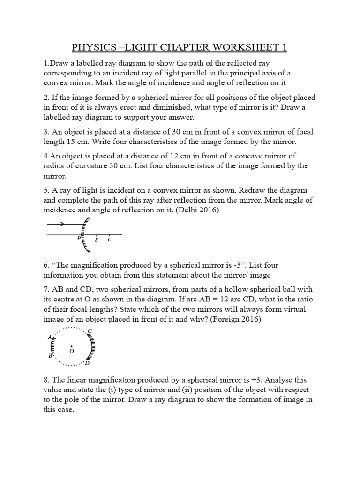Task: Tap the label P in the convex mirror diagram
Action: click(79, 239)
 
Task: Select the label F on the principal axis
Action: click(96, 240)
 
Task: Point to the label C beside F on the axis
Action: click(109, 239)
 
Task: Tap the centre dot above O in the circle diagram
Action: click(71, 345)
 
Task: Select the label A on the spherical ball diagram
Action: click(49, 337)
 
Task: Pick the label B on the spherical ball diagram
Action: click(50, 356)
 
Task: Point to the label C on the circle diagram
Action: click(90, 331)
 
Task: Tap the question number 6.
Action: click(46, 266)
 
